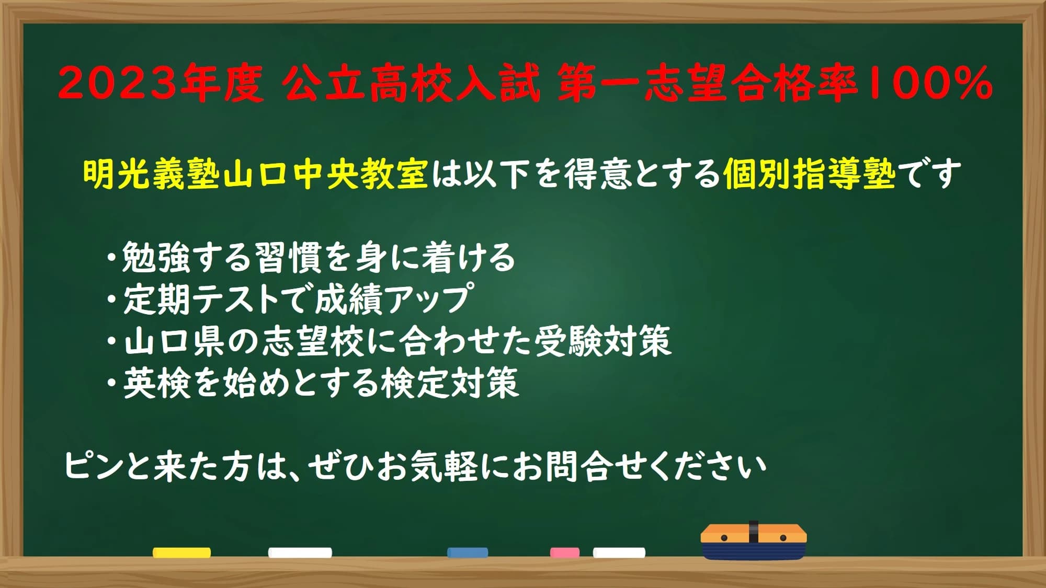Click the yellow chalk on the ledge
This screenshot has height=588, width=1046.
pyautogui.click(x=181, y=552)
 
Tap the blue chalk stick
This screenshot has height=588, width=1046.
pyautogui.click(x=468, y=552)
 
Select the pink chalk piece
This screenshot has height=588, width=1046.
pyautogui.click(x=565, y=552)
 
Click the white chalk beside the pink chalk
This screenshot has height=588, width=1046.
pyautogui.click(x=619, y=552)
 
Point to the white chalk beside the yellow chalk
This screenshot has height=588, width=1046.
pyautogui.click(x=300, y=552)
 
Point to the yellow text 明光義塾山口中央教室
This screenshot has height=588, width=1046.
pyautogui.click(x=256, y=174)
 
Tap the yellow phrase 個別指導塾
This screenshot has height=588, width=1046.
pyautogui.click(x=809, y=174)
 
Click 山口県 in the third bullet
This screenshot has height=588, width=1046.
pyautogui.click(x=174, y=341)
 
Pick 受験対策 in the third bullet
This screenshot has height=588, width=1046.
pyautogui.click(x=602, y=341)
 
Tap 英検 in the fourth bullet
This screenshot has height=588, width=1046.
pyautogui.click(x=156, y=383)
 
